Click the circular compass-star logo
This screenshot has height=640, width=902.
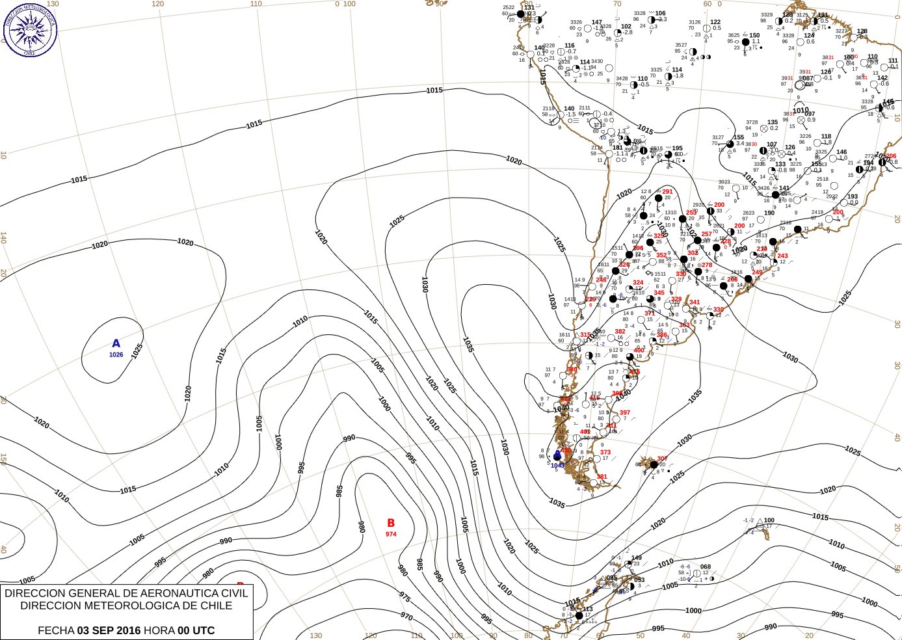click(x=30, y=29)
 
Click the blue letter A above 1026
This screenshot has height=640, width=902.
click(x=116, y=343)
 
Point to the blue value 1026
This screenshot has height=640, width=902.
click(x=116, y=354)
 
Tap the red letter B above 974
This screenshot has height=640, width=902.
click(x=391, y=523)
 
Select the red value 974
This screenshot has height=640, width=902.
click(x=391, y=534)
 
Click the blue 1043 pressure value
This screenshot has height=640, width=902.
click(x=557, y=466)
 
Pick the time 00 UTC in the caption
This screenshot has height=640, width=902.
click(x=196, y=630)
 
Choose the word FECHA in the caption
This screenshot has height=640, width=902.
click(x=56, y=630)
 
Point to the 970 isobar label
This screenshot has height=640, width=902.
click(x=406, y=616)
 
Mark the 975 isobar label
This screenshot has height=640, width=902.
click(x=405, y=596)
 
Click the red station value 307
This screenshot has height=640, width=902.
click(x=662, y=459)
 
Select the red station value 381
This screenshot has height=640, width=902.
click(x=602, y=477)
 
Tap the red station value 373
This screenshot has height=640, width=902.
click(x=605, y=452)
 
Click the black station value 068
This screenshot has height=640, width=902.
click(x=706, y=567)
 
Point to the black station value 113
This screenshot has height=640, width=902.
click(x=588, y=609)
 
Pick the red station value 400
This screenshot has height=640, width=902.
click(x=639, y=351)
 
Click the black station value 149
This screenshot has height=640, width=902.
click(x=636, y=558)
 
